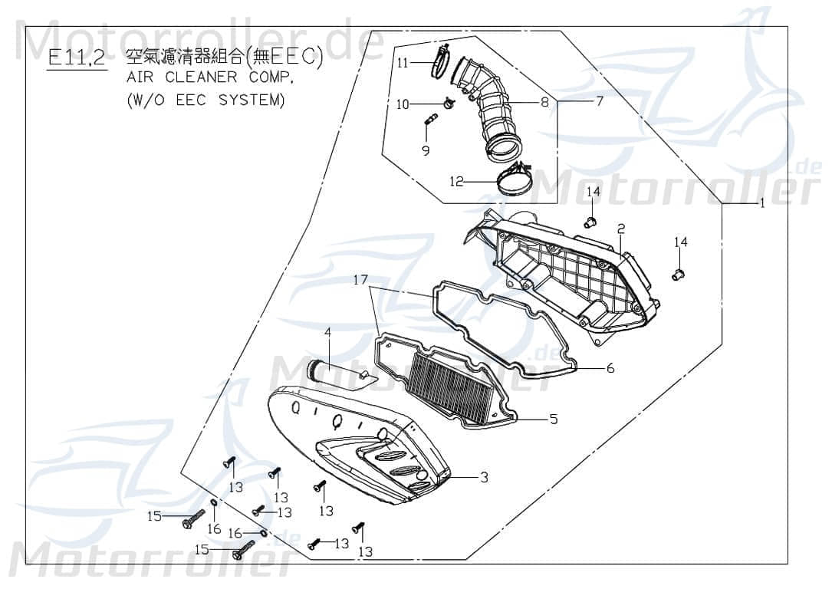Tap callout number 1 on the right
tap(761, 203)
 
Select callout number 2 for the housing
tap(620, 229)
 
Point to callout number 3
tap(484, 478)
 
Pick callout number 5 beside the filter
tap(553, 420)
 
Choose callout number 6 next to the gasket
tap(610, 368)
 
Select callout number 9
tap(426, 151)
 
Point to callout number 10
tap(403, 104)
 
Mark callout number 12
tap(457, 182)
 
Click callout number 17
tap(361, 281)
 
